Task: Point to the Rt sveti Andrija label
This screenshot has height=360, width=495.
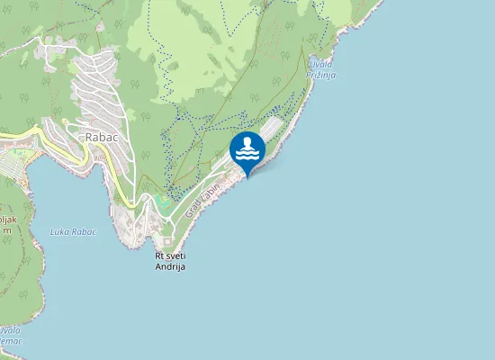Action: point(170,261)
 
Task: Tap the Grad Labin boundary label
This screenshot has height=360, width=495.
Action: point(203,198)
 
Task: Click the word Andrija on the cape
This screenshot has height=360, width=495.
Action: point(170,266)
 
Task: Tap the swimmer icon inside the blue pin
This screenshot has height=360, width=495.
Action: point(247,145)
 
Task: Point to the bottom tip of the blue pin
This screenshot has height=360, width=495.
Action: point(247,176)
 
